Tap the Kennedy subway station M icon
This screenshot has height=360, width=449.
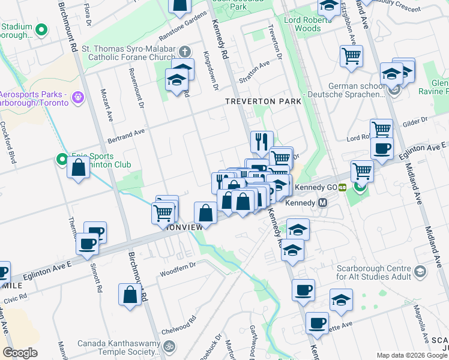[x=322, y=203]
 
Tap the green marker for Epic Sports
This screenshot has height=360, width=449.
[x=61, y=159]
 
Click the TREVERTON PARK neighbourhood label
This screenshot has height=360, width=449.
[x=263, y=101]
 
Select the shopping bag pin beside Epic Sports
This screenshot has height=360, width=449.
[x=79, y=168]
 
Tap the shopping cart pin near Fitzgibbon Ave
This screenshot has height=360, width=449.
[x=351, y=56]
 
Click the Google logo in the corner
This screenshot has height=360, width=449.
[x=20, y=353]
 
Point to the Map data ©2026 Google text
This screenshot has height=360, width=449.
[x=411, y=355]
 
